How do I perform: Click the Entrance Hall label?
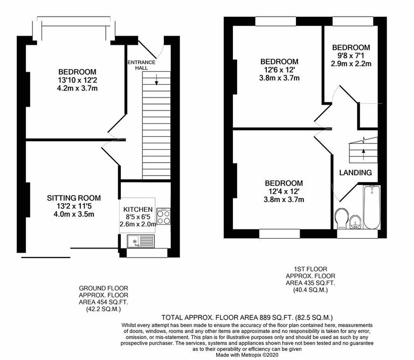141,65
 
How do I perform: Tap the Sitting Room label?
73,198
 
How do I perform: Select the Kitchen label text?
138,209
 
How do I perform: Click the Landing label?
355,172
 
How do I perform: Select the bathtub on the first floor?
372,207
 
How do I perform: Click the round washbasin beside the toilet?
356,221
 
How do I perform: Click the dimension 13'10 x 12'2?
77,81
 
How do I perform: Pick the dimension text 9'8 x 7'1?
351,55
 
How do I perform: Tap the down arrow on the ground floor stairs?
156,81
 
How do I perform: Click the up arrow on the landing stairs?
363,152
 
